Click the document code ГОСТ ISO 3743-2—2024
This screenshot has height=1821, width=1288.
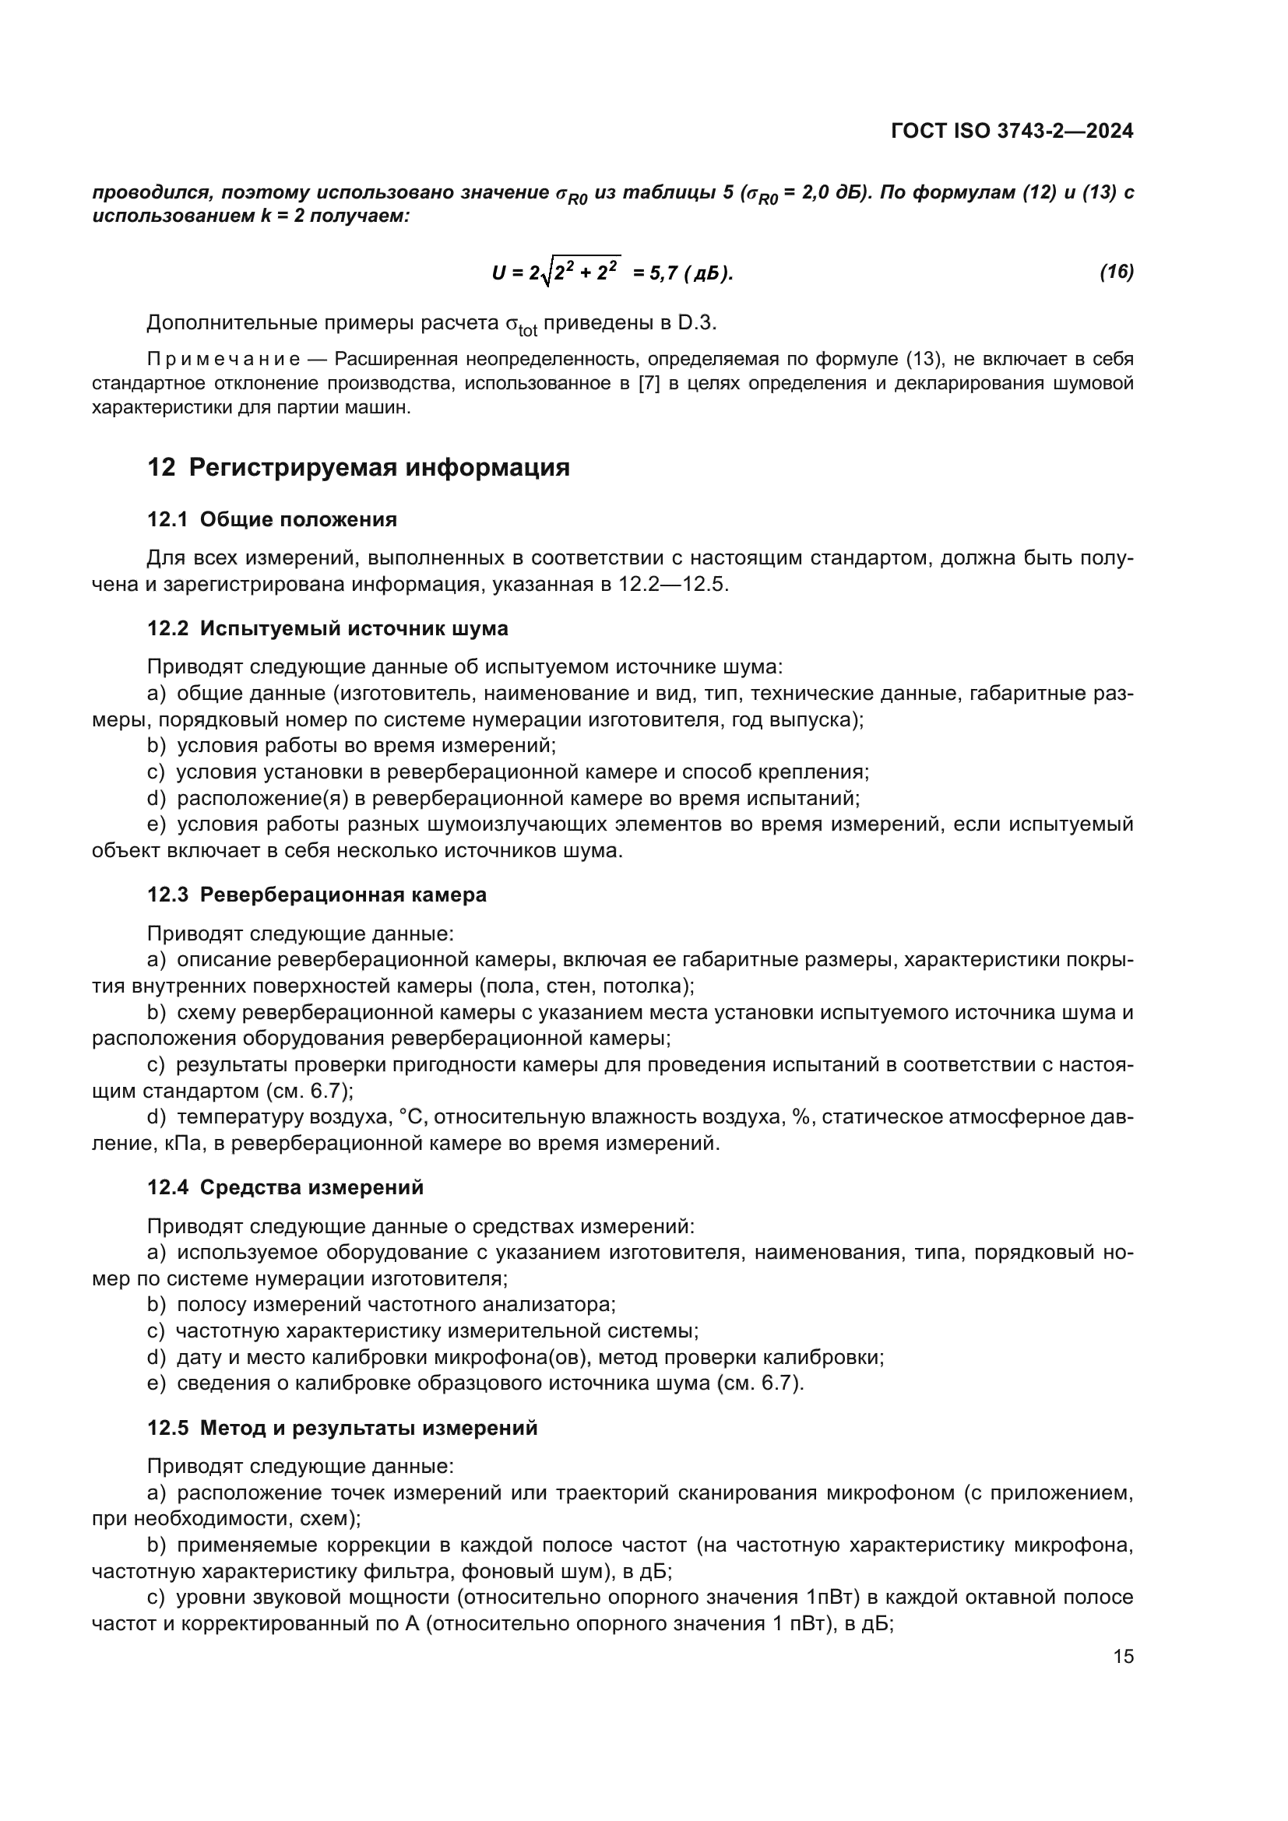pyautogui.click(x=1012, y=131)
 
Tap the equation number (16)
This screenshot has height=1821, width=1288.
pyautogui.click(x=1116, y=272)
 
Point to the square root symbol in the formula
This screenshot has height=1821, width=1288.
pyautogui.click(x=546, y=273)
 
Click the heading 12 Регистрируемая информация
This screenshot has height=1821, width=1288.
pyautogui.click(x=358, y=467)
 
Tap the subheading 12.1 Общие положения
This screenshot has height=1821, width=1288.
pyautogui.click(x=272, y=519)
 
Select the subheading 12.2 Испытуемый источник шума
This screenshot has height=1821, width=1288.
pyautogui.click(x=328, y=628)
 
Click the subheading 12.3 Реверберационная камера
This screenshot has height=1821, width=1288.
pyautogui.click(x=316, y=895)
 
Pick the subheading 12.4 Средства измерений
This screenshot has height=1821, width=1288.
pyautogui.click(x=286, y=1187)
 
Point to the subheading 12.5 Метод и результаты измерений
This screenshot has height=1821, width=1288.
pyautogui.click(x=342, y=1428)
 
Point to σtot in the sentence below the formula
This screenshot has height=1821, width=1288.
pyautogui.click(x=521, y=325)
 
